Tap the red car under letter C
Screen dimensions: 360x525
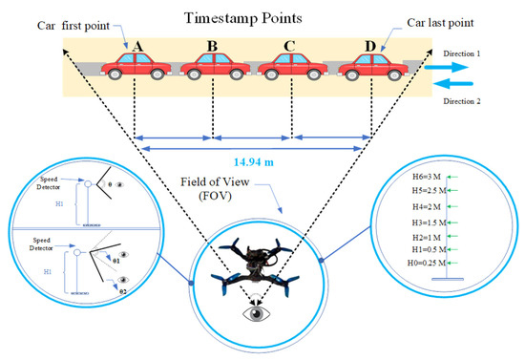290,64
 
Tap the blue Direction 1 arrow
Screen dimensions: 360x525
449,69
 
